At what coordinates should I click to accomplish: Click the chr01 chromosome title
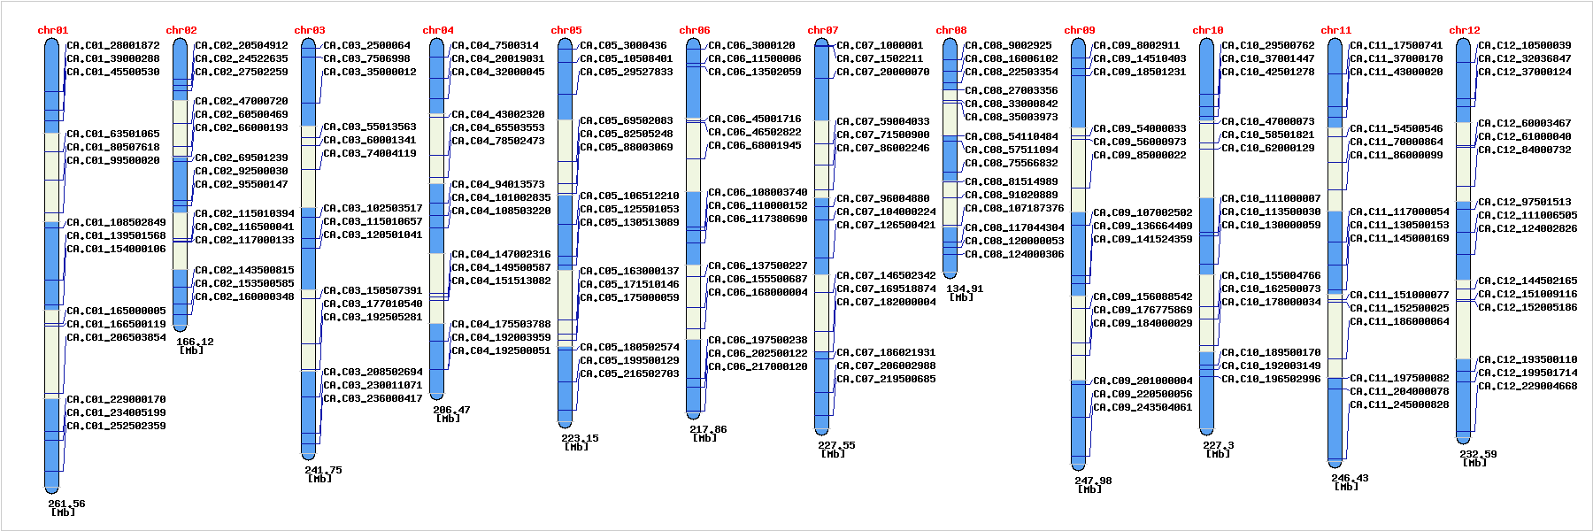tap(52, 30)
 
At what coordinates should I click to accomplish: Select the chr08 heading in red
tap(950, 30)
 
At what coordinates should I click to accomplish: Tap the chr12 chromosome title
tap(1464, 30)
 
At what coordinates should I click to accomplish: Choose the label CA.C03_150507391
tap(373, 290)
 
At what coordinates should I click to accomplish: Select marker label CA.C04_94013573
tap(498, 184)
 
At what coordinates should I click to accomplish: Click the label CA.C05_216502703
tap(629, 373)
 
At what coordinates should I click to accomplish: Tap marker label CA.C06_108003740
tap(758, 192)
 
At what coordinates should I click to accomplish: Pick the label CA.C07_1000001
tap(880, 45)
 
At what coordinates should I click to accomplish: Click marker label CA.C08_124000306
tap(1014, 254)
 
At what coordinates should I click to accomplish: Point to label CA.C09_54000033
tap(1140, 128)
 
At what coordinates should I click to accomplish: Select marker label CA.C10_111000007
tap(1271, 198)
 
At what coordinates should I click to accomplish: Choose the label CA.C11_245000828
tap(1399, 404)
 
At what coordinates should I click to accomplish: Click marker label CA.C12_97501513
tap(1525, 202)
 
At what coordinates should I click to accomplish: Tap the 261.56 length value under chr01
tap(66, 504)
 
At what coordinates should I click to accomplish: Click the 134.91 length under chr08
tap(965, 289)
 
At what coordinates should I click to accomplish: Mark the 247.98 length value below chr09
tap(1093, 481)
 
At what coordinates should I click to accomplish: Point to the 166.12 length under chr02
tap(195, 342)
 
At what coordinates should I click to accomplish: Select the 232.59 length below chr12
tap(1478, 454)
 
